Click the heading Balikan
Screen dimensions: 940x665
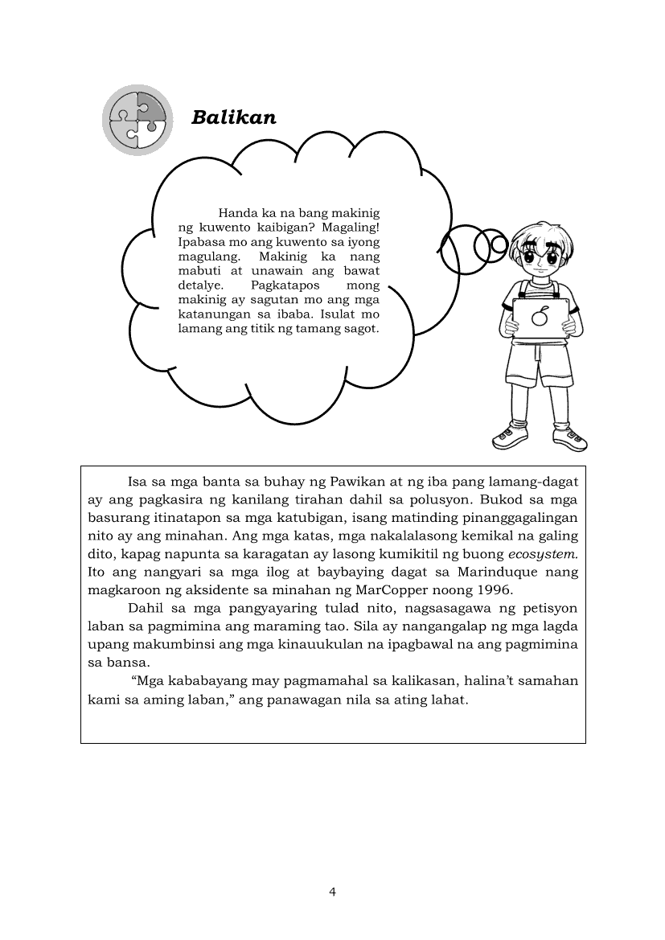coord(234,117)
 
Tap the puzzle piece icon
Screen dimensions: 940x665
coord(138,120)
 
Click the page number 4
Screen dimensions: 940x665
coord(333,891)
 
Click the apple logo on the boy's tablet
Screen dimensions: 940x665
coord(540,317)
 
